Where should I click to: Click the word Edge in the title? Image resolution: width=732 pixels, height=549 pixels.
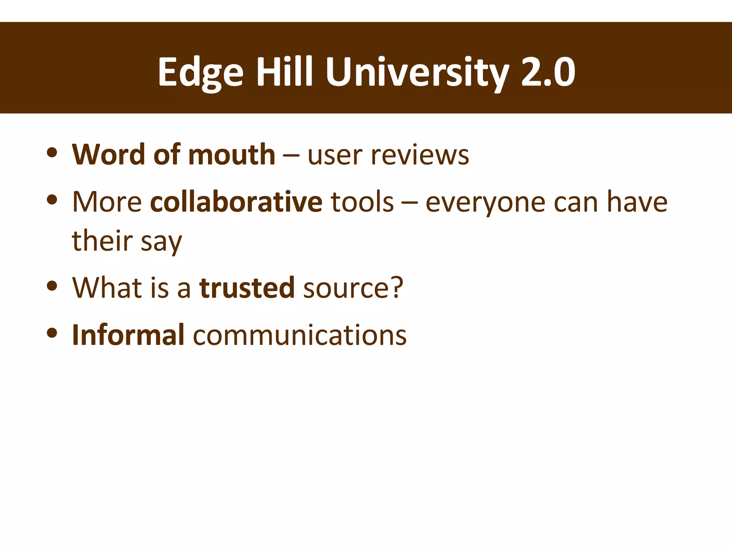201,73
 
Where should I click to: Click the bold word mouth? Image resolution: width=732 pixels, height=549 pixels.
232,155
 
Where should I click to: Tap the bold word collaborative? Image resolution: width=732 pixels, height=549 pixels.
236,202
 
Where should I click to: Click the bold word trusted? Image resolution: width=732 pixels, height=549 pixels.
247,288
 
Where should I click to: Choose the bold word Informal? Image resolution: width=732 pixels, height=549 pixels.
128,335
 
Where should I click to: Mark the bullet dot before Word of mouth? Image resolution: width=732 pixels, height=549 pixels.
52,153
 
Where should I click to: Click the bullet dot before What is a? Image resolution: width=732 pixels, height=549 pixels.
52,286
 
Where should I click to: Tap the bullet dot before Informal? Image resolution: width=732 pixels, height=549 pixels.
52,333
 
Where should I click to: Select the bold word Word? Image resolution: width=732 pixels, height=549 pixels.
108,155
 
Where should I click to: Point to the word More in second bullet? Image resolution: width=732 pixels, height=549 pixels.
107,202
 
